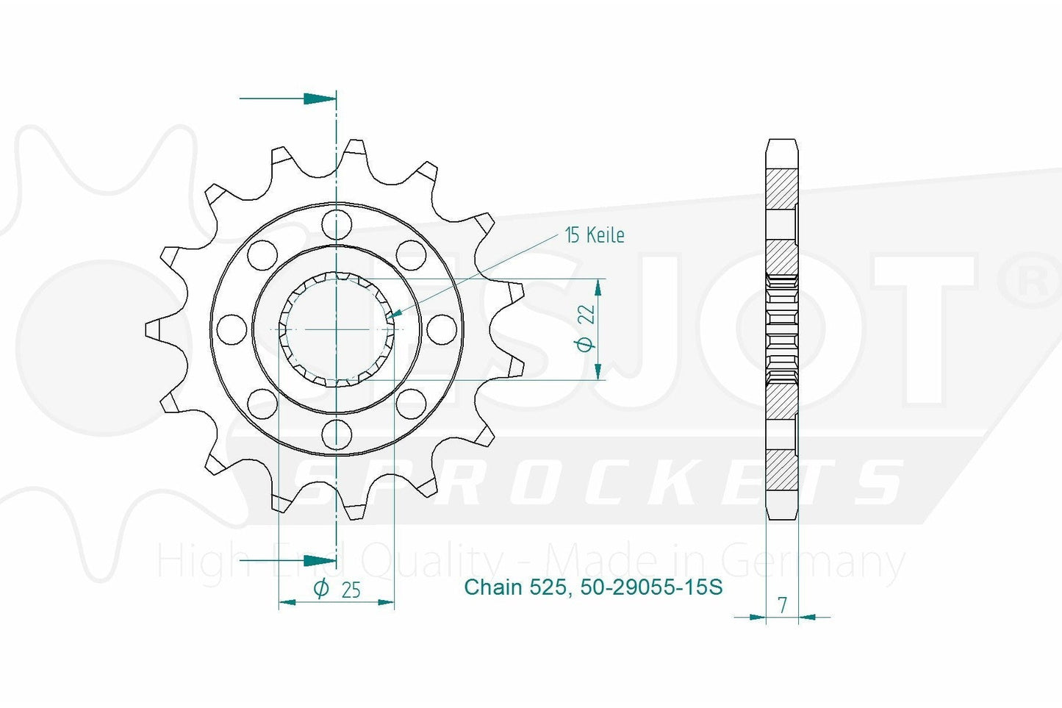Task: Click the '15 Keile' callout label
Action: point(595,235)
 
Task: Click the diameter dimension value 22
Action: point(586,315)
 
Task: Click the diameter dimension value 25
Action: point(351,590)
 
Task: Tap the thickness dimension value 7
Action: point(783,606)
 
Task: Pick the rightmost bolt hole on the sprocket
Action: point(441,329)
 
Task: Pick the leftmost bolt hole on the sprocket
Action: point(232,329)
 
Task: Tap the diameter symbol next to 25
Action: point(320,589)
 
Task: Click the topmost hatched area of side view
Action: point(781,189)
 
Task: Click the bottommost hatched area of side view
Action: point(781,471)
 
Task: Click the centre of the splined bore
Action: point(336,329)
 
